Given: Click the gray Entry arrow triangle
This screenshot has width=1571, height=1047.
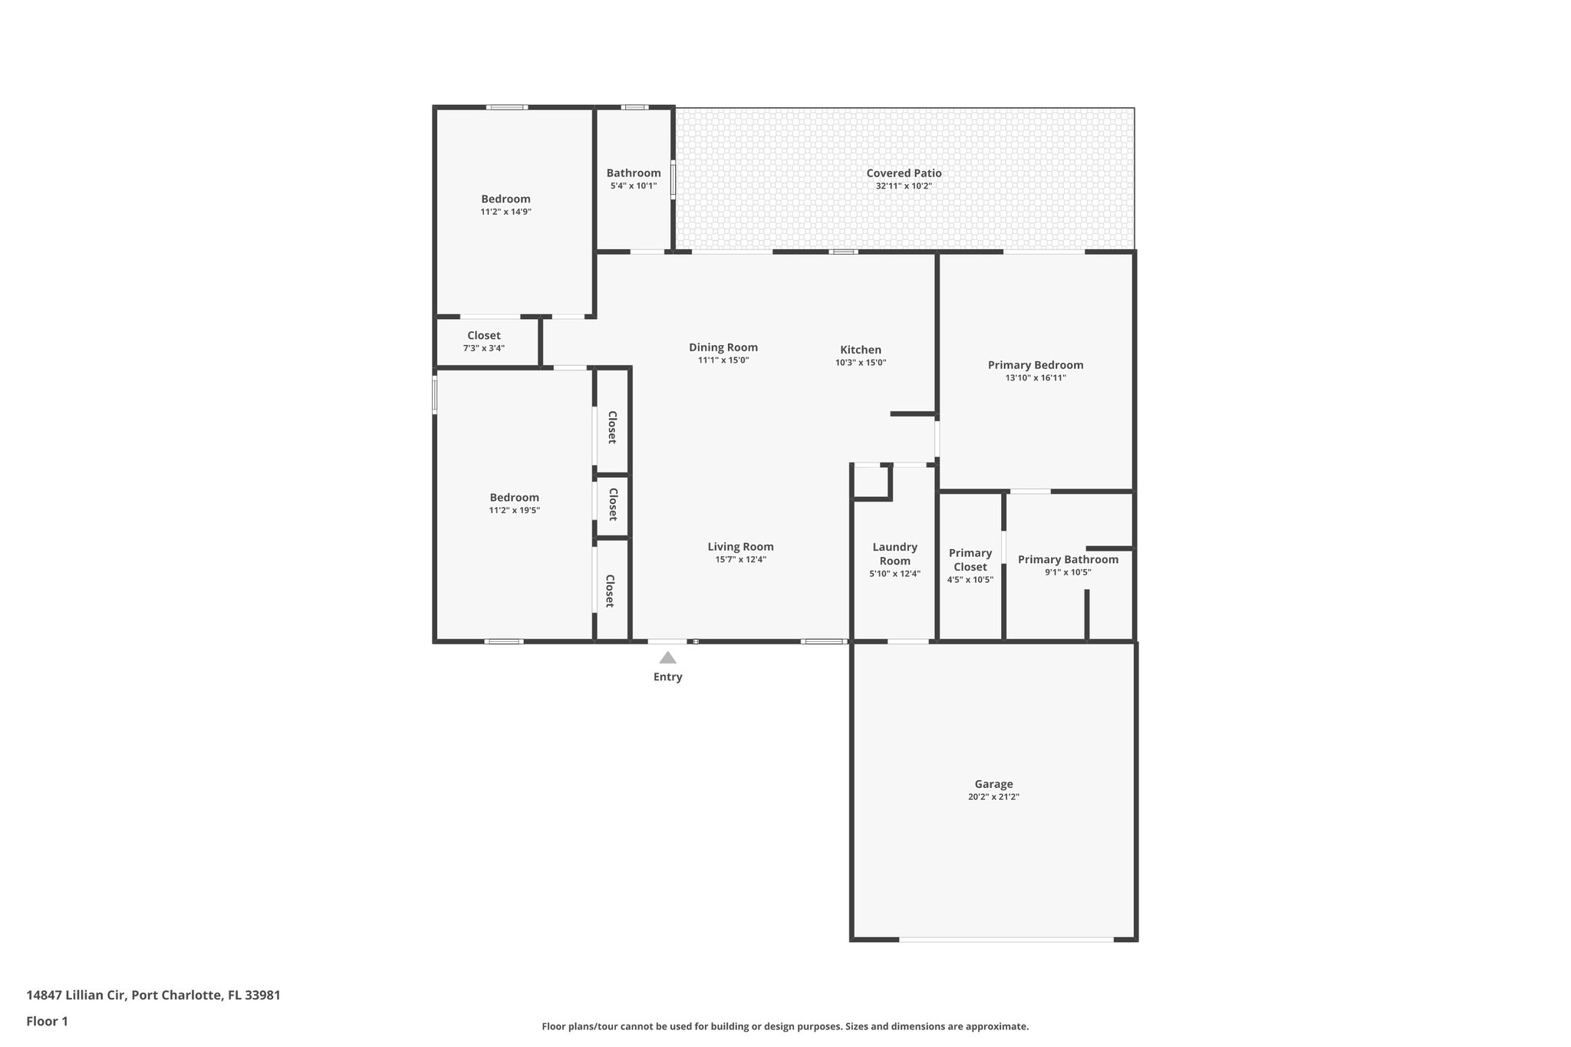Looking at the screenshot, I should (x=667, y=657).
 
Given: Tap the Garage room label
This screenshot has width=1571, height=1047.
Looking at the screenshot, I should (x=993, y=784).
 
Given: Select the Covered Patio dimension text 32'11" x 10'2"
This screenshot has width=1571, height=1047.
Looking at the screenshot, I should (x=904, y=186).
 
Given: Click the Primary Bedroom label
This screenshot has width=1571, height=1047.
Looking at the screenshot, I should (x=1035, y=365).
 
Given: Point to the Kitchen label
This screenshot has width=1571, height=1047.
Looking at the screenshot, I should (x=861, y=350).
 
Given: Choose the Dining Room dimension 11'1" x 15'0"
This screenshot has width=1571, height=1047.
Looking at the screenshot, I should (x=723, y=361).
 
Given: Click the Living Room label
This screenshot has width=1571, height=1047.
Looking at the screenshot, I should (x=740, y=547).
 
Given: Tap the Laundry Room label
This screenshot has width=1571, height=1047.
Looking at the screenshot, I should (x=894, y=554).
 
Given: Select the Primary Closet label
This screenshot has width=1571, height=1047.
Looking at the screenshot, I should (x=970, y=560).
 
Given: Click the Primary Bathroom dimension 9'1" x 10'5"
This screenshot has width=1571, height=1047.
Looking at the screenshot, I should (x=1068, y=572).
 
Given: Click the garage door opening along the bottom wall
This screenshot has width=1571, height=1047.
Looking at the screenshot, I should (x=1006, y=939).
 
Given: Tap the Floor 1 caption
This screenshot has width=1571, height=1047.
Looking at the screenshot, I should (x=47, y=1021).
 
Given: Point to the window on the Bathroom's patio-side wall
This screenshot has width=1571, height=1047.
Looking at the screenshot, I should (x=674, y=179).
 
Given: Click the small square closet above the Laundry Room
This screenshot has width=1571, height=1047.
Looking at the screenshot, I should (x=871, y=482).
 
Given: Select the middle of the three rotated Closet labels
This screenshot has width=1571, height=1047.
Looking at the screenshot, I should (x=613, y=505).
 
